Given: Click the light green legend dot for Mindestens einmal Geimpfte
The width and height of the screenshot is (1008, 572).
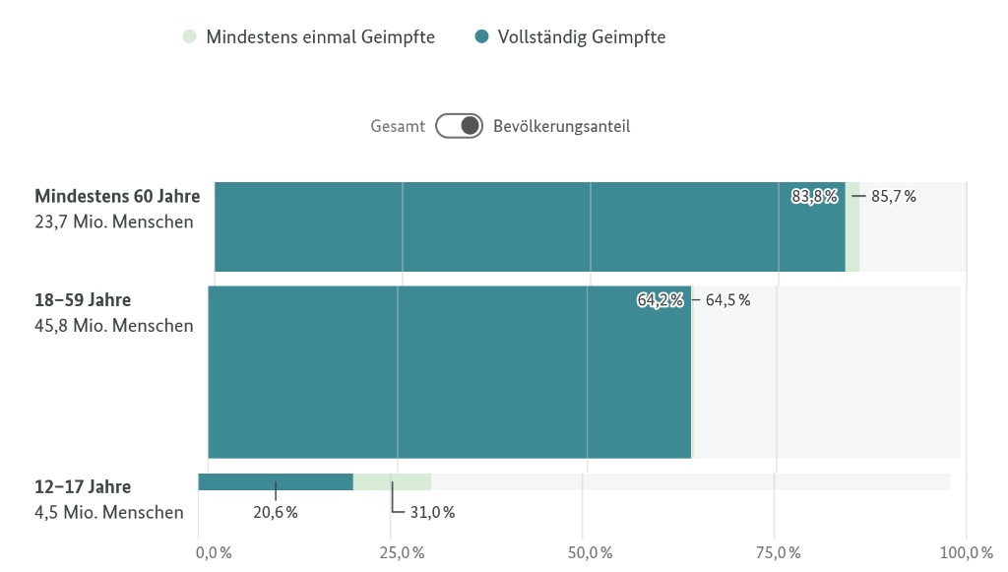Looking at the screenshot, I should point(189,37).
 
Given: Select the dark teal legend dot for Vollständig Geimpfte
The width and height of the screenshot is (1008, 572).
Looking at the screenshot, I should point(481,37).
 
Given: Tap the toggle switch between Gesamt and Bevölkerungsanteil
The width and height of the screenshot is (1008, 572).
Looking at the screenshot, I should point(460,126).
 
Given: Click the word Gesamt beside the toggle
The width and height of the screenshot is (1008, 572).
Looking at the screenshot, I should point(398,126).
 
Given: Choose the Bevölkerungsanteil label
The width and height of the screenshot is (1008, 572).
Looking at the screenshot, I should point(561,126).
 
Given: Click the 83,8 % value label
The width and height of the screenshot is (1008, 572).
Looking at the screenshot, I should point(815,196).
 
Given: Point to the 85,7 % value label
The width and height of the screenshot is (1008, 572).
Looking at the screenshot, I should point(894,196).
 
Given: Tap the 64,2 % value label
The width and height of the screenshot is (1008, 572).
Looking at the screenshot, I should point(661,300).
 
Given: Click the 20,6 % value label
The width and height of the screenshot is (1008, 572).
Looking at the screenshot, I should point(276,512).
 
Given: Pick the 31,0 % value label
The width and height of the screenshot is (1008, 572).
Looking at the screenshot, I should point(432,512).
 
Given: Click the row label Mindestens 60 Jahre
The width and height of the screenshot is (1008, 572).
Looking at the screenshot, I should point(117,196).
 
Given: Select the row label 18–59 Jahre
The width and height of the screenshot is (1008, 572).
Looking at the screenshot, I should point(83,300).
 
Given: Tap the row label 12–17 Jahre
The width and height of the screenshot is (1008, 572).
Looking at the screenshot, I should point(83,486).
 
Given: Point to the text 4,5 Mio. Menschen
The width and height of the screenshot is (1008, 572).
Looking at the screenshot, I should point(108,512).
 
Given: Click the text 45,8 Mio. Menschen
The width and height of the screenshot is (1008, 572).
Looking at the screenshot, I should point(114,326).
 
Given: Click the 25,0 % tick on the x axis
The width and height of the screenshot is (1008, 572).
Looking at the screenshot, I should point(401,551).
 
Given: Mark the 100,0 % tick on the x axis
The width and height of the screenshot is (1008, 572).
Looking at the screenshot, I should point(966,551).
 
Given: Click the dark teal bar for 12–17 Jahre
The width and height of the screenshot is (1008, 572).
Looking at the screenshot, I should point(276,481).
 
